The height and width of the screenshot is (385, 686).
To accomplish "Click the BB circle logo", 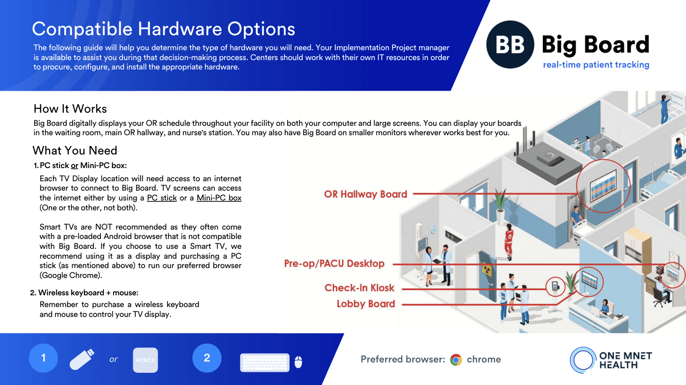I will coord(510,45).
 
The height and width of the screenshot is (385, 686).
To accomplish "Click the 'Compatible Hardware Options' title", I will coord(163,29).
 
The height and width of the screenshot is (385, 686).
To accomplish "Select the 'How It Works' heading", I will coord(70,109).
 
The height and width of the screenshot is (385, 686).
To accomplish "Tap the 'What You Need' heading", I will coord(75,151).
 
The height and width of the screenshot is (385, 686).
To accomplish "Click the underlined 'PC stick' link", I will coord(162,198).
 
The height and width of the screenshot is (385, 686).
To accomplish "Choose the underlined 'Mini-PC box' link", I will coord(219,198).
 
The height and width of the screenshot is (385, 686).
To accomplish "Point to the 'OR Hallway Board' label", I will coord(366,194).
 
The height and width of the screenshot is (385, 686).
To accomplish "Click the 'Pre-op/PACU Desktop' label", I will coord(334,264).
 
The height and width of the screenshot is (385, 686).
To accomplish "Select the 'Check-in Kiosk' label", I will coord(359,288).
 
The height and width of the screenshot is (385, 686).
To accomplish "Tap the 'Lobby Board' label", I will coord(366,304).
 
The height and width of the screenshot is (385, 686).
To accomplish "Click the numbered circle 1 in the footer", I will coord(43,358).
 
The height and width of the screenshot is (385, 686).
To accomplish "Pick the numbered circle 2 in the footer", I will coord(206,358).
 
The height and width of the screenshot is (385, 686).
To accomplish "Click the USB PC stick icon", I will coord(82,360).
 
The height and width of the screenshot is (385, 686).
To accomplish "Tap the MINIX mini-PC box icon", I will coord(145,360).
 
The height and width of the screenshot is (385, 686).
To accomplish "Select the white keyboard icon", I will coord(265,362).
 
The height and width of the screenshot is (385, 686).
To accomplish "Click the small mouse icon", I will coord(298,362).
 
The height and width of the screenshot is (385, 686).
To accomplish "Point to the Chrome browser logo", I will coord(456,360).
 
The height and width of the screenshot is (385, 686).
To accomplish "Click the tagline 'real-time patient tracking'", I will coord(596,65).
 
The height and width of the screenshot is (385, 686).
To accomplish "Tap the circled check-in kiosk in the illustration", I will coord(555,286).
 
